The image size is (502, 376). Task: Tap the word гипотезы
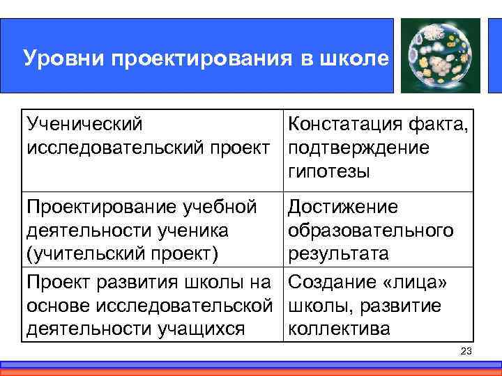point(328,171)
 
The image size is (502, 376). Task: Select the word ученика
point(194,230)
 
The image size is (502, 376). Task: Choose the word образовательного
point(370,230)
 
